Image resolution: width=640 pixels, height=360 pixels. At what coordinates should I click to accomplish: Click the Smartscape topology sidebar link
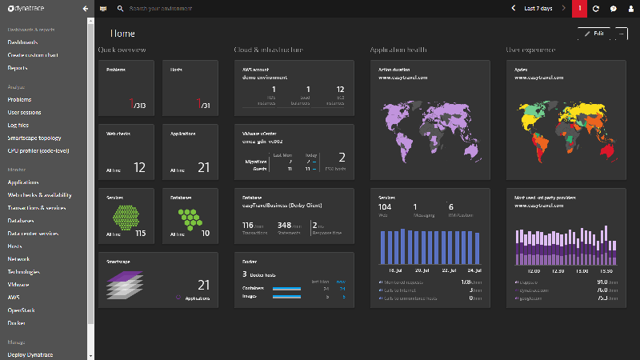[34, 138]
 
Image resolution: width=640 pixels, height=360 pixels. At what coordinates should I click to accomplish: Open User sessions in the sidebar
[24, 112]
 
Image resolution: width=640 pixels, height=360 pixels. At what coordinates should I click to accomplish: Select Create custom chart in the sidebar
[33, 55]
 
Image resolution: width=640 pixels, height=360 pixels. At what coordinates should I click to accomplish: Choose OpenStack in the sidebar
[22, 310]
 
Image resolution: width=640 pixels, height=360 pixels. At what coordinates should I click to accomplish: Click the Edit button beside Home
[593, 34]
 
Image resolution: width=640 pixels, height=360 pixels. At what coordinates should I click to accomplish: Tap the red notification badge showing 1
[580, 8]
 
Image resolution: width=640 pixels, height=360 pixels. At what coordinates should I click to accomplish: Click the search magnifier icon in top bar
[120, 8]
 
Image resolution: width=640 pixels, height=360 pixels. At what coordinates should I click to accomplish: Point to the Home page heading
[122, 34]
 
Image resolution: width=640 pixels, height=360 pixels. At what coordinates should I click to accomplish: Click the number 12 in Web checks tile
[139, 168]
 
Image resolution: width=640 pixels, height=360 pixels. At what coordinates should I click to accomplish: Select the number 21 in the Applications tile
[203, 168]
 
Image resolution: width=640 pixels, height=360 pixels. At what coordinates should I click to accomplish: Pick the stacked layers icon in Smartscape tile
[124, 284]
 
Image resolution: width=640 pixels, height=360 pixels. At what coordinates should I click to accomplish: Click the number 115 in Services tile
[140, 233]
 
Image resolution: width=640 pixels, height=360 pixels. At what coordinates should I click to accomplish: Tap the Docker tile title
[250, 261]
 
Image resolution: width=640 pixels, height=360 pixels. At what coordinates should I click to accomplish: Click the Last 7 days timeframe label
[538, 8]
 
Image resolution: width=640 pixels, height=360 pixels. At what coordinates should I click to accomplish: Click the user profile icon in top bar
[630, 8]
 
